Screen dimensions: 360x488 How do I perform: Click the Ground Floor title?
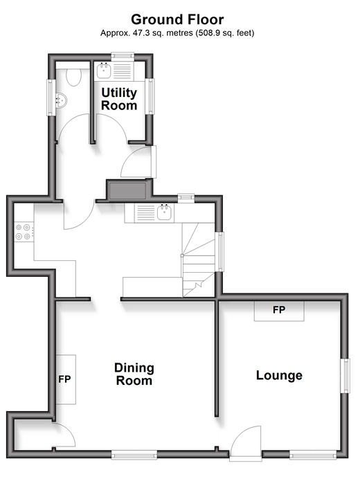coord(177,19)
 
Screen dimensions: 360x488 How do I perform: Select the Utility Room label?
coord(119,99)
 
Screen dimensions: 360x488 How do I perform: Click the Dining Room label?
coord(134,374)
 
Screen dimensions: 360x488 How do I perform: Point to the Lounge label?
coord(279,375)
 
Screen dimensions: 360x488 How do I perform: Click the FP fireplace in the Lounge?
coord(279,311)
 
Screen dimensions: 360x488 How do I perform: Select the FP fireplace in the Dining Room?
coord(66,379)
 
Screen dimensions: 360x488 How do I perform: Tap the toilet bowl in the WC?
coord(74,77)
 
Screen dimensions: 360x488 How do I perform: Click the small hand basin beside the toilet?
coord(61,100)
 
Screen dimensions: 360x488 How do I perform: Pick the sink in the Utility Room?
coord(104,71)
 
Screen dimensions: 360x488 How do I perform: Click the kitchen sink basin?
coord(164,213)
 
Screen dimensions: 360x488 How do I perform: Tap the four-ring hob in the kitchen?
coord(24,232)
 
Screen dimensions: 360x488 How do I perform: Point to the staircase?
coord(198,260)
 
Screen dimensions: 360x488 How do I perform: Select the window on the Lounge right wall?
coord(345,376)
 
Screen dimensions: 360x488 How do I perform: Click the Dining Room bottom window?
coord(134,455)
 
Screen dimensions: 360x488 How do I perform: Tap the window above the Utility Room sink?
coord(123,56)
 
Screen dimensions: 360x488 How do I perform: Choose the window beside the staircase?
coord(219,251)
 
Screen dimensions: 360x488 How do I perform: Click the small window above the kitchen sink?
coord(186,198)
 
